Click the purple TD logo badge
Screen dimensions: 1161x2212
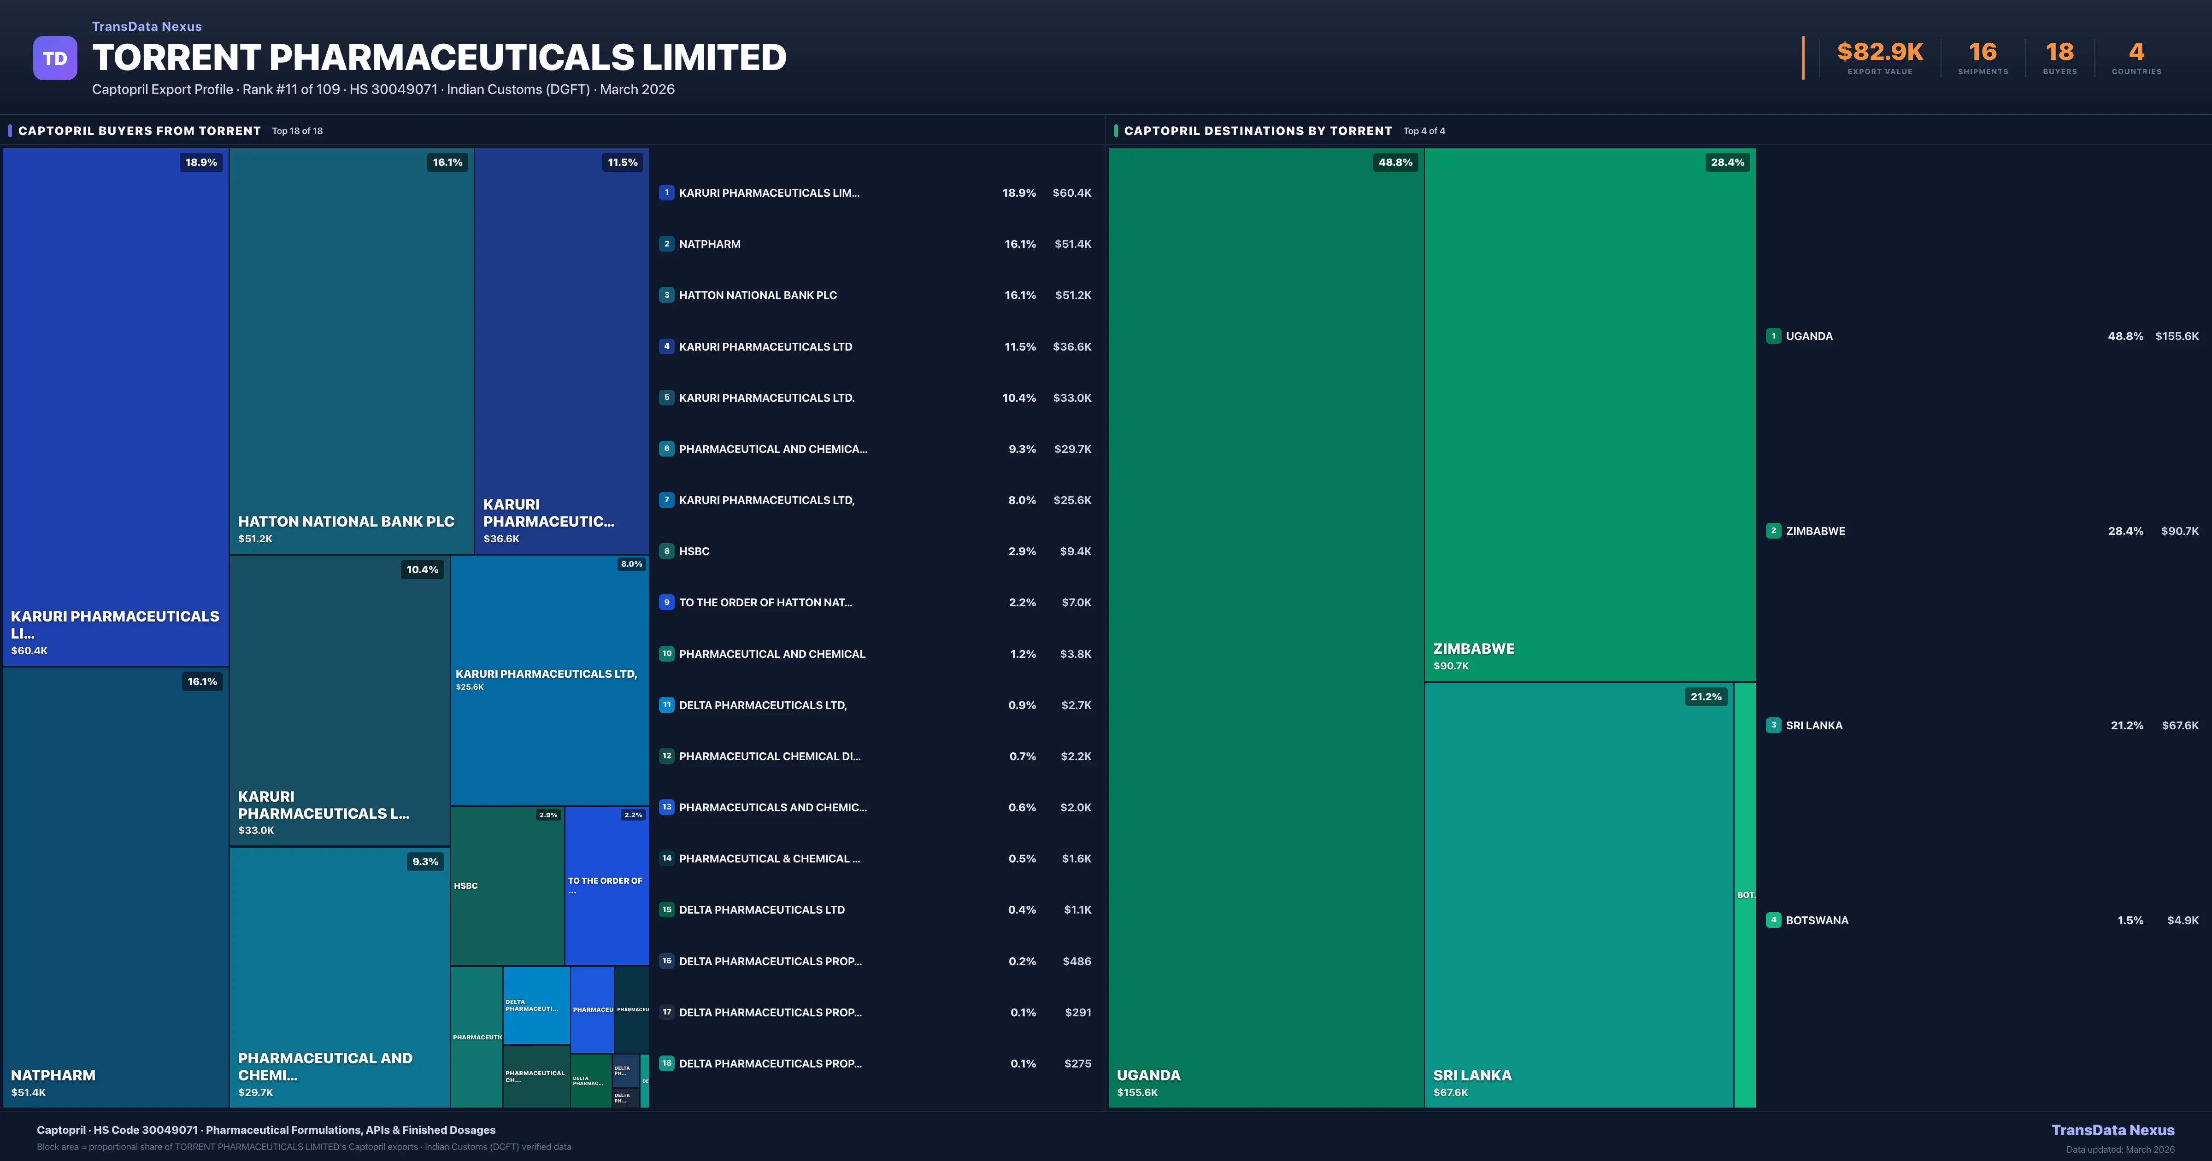tap(55, 59)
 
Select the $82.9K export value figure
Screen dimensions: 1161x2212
tap(1880, 53)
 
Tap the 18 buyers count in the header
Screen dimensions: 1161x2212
tap(2059, 53)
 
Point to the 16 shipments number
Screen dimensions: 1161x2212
tap(1983, 53)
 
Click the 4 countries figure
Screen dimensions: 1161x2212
tap(2136, 53)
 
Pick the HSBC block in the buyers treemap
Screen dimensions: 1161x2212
tap(506, 885)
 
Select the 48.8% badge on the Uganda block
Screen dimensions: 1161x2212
tap(1394, 162)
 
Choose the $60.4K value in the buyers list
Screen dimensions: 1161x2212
tap(1071, 193)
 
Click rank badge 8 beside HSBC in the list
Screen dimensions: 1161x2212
tap(666, 551)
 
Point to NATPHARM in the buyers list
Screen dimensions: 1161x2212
tap(709, 244)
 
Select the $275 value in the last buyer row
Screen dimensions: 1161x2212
tap(1078, 1064)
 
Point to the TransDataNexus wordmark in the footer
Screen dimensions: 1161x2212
tap(2112, 1130)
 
